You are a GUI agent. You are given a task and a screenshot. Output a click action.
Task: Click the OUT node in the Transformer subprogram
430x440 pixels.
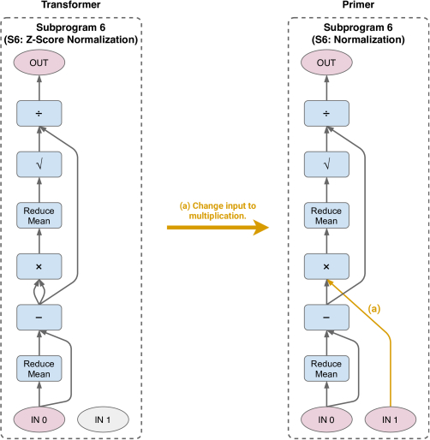coord(39,62)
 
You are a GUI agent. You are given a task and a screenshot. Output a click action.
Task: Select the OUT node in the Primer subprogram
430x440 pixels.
coord(326,62)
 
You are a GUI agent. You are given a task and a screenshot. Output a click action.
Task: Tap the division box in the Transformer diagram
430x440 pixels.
coord(39,113)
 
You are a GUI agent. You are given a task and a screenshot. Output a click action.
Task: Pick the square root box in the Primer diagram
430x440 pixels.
coord(326,164)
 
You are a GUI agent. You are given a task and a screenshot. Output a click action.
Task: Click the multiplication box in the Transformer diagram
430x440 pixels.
coord(39,266)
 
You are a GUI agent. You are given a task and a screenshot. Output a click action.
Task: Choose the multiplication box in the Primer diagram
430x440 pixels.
coord(326,266)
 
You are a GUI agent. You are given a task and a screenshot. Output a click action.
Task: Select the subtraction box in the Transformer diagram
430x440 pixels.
coord(39,318)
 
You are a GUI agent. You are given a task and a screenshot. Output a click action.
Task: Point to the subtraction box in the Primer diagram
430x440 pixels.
coord(326,318)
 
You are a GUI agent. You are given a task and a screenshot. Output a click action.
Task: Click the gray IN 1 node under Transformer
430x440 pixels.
coord(103,419)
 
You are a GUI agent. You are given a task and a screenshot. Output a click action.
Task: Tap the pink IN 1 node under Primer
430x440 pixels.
coord(391,419)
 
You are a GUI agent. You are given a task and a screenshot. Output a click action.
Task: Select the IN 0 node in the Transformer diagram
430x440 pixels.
coord(39,419)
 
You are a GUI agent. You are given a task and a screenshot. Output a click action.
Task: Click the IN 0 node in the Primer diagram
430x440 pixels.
coord(326,419)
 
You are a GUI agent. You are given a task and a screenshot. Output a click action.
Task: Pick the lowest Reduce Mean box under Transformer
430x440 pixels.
coord(39,368)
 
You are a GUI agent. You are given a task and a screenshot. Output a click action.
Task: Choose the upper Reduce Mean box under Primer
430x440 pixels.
coord(326,216)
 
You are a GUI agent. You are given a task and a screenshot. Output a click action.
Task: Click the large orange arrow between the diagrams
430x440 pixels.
coord(218,228)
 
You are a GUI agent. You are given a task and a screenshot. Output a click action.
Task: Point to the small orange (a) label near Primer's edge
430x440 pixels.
coord(374,309)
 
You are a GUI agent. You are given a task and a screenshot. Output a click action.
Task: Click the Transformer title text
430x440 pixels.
coord(71,4)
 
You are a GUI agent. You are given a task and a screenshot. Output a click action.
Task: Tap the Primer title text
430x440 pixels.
coord(358,4)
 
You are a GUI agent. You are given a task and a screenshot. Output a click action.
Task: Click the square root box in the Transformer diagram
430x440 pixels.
coord(39,164)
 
